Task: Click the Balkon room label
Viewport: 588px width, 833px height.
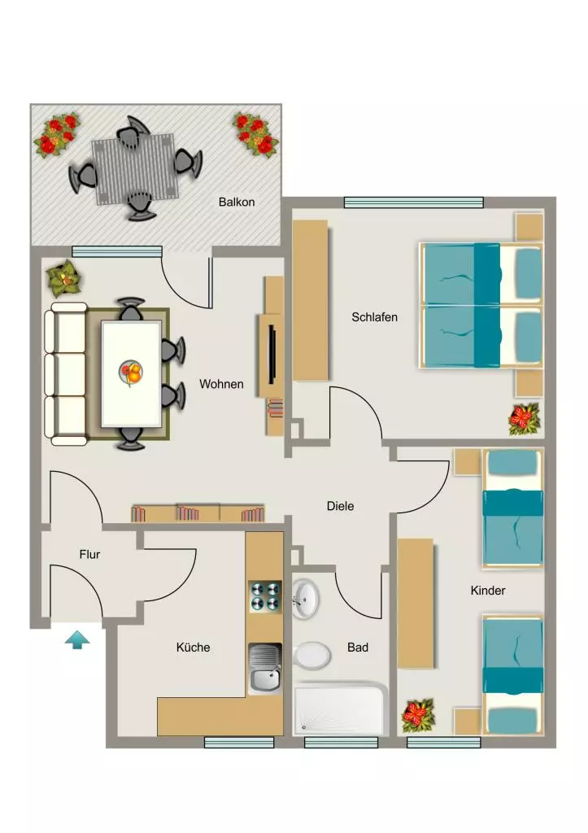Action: point(237,202)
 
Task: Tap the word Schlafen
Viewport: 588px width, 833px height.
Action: point(374,317)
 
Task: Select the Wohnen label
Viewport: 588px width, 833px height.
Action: point(221,384)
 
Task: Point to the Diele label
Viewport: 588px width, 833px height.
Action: point(340,506)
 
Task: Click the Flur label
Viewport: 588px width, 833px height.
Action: point(89,555)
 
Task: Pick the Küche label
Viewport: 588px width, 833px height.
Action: point(193,647)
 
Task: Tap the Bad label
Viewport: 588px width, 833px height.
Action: point(358,647)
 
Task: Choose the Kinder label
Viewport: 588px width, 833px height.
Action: point(488,591)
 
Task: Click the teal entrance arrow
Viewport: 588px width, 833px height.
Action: point(77,639)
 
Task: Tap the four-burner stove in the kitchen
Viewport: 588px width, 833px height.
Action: point(264,596)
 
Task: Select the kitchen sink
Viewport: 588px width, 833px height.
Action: point(264,669)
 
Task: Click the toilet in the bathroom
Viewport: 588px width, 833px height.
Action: point(311,656)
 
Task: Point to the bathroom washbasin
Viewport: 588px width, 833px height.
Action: point(306,598)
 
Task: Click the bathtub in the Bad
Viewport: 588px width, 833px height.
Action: point(340,709)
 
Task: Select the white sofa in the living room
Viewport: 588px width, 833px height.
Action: point(66,374)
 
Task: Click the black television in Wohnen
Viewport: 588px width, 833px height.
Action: point(272,355)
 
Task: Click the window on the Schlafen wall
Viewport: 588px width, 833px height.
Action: point(414,203)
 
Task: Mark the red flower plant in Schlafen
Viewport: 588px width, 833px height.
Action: point(525,419)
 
